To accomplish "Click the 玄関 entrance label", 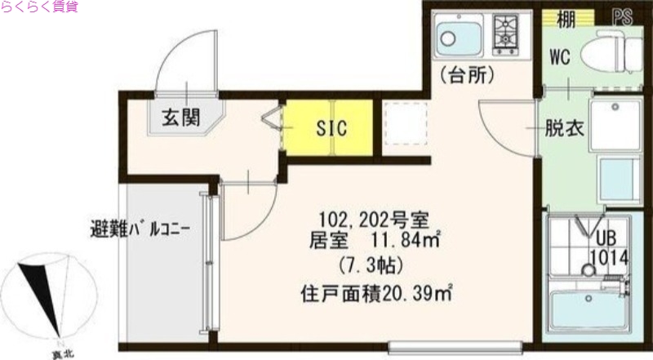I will (180, 117).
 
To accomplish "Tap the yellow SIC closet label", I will (331, 127).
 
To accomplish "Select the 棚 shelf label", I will (566, 17).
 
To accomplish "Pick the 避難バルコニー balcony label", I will (140, 226).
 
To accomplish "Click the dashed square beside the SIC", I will (405, 125).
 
